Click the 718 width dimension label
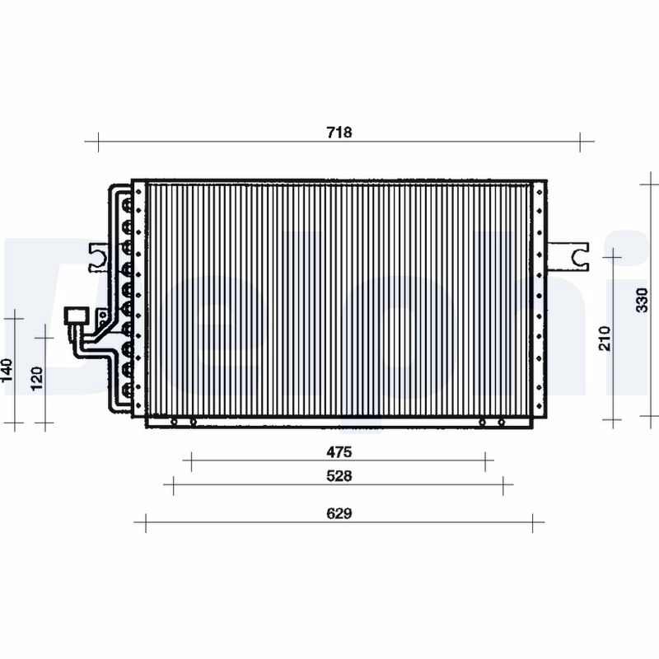pyautogui.click(x=339, y=133)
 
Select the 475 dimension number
pyautogui.click(x=339, y=451)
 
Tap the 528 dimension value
pyautogui.click(x=339, y=476)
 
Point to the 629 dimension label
pyautogui.click(x=339, y=513)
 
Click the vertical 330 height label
pyautogui.click(x=643, y=300)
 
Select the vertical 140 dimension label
pyautogui.click(x=7, y=371)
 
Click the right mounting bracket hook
pyautogui.click(x=576, y=255)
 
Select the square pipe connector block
pyautogui.click(x=76, y=316)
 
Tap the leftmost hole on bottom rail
pyautogui.click(x=174, y=423)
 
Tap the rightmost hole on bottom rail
pyautogui.click(x=501, y=423)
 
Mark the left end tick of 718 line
pyautogui.click(x=97, y=141)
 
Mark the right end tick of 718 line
pyautogui.click(x=581, y=141)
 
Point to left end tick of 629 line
pyautogui.click(x=146, y=522)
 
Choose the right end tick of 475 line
pyautogui.click(x=485, y=461)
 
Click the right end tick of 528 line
pyautogui.click(x=502, y=486)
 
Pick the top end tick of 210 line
pyautogui.click(x=612, y=258)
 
